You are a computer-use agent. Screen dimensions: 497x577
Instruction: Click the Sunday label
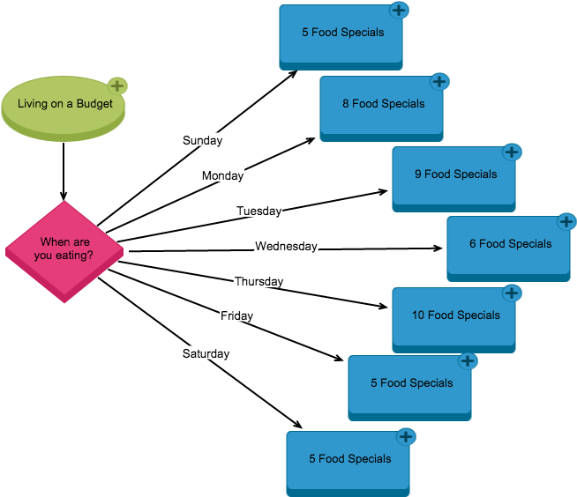coord(202,140)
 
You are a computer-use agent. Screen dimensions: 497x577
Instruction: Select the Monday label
coord(222,175)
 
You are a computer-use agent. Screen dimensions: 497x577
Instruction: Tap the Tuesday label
coord(259,211)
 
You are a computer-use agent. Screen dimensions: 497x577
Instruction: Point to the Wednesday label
coord(286,246)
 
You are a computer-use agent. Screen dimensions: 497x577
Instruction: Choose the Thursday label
coord(259,281)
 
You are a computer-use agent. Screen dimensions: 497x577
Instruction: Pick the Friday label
coord(236,315)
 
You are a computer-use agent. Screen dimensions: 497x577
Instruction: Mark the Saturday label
coord(206,353)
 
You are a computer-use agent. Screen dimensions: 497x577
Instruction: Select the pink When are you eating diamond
coord(64,250)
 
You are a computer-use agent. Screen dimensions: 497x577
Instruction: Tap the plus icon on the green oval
coord(117,85)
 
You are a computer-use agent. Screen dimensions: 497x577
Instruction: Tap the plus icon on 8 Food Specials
coord(439,82)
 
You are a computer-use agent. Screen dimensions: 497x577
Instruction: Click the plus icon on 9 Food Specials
coord(512,152)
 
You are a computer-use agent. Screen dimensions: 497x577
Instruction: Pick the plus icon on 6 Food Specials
coord(566,221)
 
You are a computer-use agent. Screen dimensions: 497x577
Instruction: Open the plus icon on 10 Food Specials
coord(512,293)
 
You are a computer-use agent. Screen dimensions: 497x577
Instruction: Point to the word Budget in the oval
coord(94,104)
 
